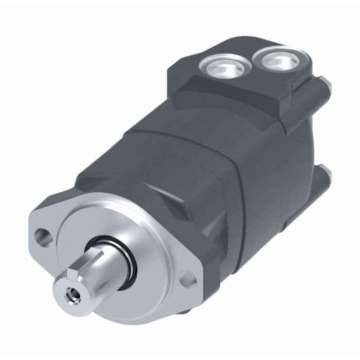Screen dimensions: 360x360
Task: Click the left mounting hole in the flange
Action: (x=42, y=237)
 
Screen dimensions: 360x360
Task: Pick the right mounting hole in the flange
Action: (x=189, y=279)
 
